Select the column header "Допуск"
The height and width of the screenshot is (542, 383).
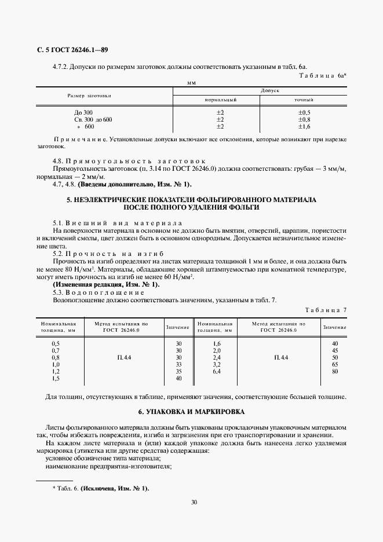click(270, 91)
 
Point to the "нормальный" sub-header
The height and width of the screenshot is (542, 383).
click(221, 100)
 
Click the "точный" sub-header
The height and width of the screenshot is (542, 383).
click(304, 100)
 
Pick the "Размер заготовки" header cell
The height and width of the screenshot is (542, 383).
click(89, 95)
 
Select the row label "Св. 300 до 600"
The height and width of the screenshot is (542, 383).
click(93, 119)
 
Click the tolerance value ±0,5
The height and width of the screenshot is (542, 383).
click(304, 112)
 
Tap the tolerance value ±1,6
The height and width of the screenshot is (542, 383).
click(304, 126)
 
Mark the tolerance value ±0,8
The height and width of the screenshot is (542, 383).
click(304, 119)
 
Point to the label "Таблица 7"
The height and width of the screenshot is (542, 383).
click(325, 310)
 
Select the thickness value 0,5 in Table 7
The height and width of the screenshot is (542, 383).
click(56, 343)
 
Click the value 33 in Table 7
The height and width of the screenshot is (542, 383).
click(178, 365)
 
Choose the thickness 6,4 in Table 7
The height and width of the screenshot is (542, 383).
click(217, 372)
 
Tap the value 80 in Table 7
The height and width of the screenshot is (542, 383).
click(334, 372)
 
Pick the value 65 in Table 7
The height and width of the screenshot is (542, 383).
click(334, 365)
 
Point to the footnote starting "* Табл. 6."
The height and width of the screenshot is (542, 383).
click(100, 489)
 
